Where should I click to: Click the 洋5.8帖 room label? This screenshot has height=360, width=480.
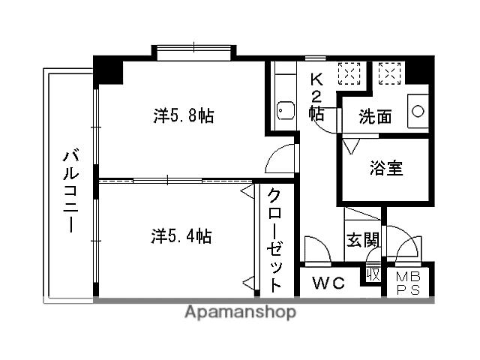[x=184, y=116]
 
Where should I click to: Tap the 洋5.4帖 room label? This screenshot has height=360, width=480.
[x=181, y=237]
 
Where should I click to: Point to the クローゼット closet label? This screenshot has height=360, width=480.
[x=276, y=239]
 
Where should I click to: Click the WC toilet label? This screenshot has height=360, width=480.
[x=328, y=284]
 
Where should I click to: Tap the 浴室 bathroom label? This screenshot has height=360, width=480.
[x=386, y=168]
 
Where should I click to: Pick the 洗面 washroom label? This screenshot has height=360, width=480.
[x=374, y=117]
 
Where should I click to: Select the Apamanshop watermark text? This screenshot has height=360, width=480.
[x=240, y=312]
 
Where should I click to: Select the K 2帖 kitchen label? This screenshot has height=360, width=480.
[x=316, y=97]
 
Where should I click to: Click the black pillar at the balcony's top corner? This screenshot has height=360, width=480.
[x=107, y=70]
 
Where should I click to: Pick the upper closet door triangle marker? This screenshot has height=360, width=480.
[x=247, y=193]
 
